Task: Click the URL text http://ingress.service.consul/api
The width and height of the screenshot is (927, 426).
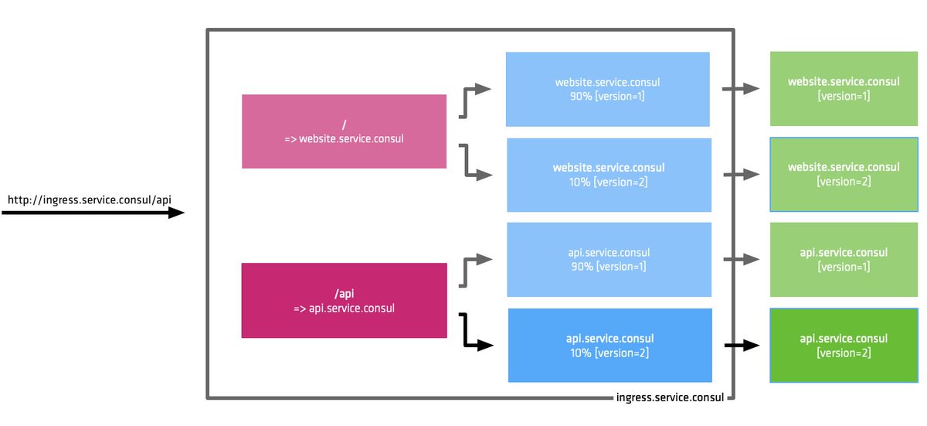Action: pyautogui.click(x=89, y=199)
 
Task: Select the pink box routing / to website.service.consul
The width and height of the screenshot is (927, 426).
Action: pyautogui.click(x=344, y=131)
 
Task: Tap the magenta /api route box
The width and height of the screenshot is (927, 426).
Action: pyautogui.click(x=344, y=300)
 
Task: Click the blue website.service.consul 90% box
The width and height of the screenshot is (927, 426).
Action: pyautogui.click(x=607, y=89)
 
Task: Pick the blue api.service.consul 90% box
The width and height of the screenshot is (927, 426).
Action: pyautogui.click(x=609, y=260)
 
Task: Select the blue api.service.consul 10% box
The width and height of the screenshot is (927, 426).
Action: pyautogui.click(x=610, y=345)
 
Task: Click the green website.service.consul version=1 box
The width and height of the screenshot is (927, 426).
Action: pyautogui.click(x=844, y=89)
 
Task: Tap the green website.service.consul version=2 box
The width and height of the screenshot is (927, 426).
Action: pyautogui.click(x=844, y=174)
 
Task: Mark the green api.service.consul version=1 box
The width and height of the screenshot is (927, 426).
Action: pyautogui.click(x=844, y=260)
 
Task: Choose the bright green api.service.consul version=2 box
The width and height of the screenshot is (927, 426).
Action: pyautogui.click(x=844, y=346)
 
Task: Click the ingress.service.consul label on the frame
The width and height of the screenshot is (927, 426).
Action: pyautogui.click(x=670, y=398)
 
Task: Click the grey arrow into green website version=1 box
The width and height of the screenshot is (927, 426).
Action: pyautogui.click(x=740, y=89)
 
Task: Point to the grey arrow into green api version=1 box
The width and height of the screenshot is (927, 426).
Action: pyautogui.click(x=740, y=260)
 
